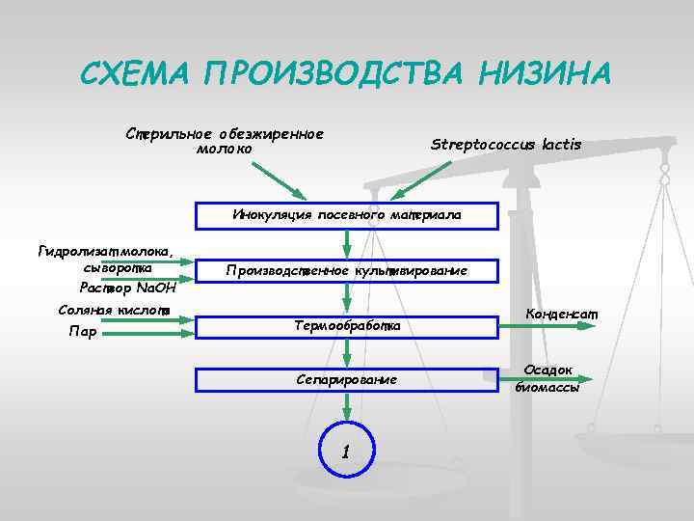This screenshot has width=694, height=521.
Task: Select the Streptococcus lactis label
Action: [506, 145]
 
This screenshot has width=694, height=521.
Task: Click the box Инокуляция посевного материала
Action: [347, 214]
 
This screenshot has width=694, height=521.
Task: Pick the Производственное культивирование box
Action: [347, 271]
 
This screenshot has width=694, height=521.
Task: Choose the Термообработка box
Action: [347, 327]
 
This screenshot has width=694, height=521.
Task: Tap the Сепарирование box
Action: [347, 379]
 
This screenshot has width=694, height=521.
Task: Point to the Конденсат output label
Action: [562, 314]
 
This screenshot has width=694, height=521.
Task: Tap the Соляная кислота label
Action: [114, 310]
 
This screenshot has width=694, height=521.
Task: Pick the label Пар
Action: [83, 333]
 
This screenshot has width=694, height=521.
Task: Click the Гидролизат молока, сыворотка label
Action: [106, 260]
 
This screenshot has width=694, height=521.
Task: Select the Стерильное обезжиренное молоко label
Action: [224, 141]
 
